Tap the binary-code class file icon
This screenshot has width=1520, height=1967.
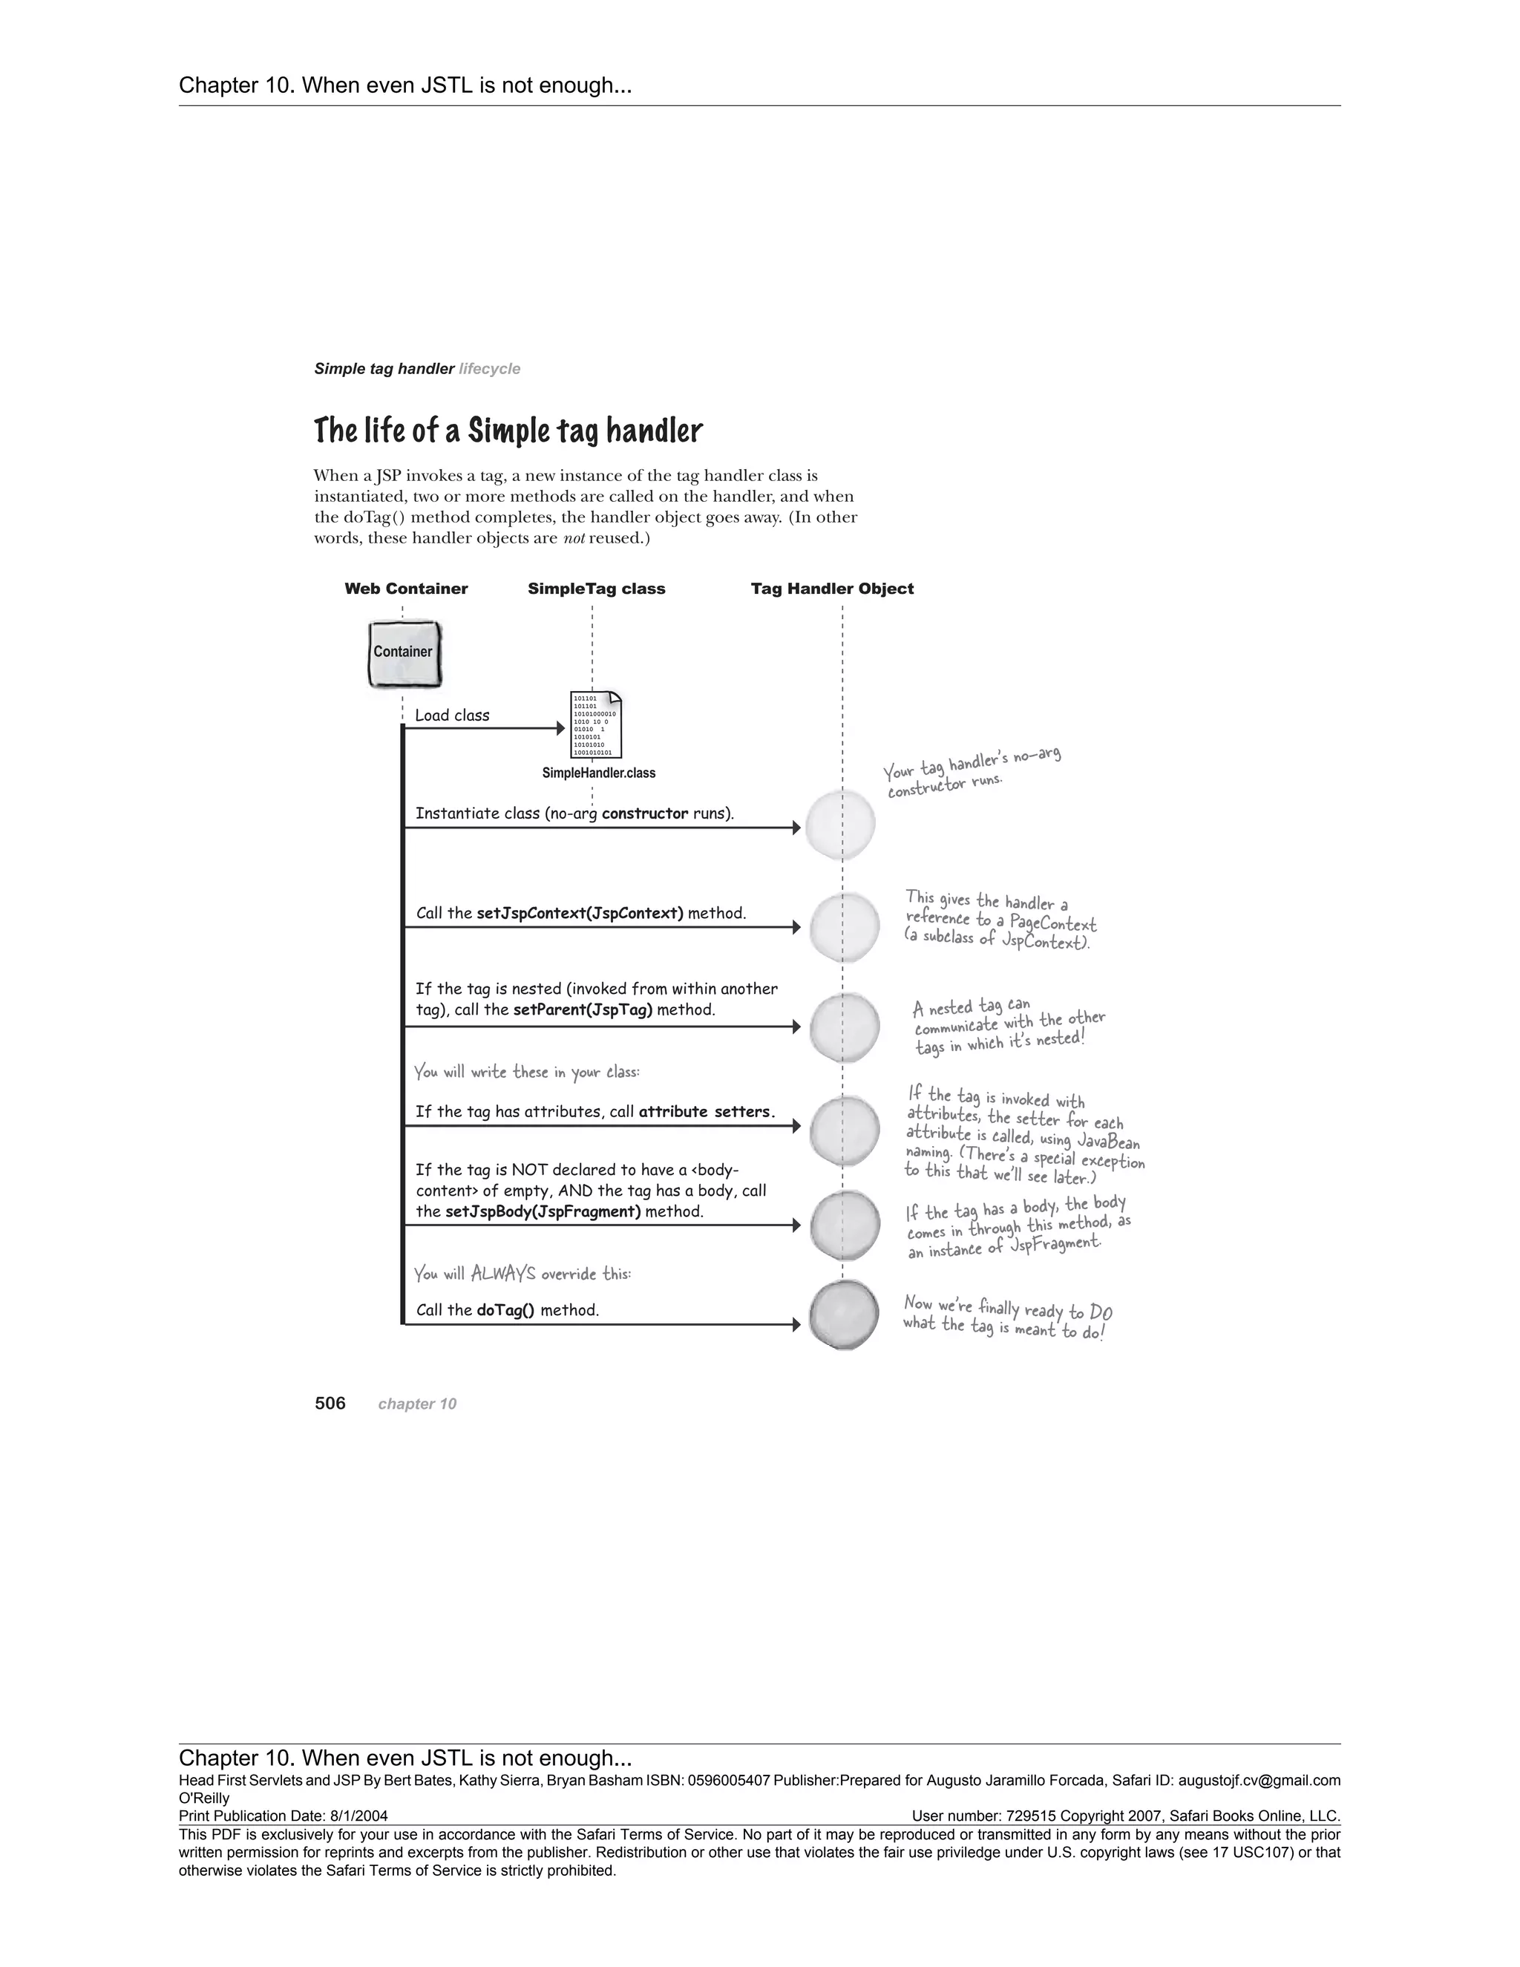(x=596, y=725)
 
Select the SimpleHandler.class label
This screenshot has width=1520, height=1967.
(x=599, y=773)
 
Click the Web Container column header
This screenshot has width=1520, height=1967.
(x=406, y=589)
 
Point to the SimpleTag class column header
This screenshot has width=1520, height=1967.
(x=596, y=589)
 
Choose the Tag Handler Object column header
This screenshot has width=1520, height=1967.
(x=832, y=589)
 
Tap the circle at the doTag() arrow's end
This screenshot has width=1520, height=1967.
(x=844, y=1315)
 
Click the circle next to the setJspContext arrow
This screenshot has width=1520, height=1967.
(x=844, y=927)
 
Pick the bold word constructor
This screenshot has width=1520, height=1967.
(x=645, y=814)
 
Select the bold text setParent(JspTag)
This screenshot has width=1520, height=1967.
(x=583, y=1009)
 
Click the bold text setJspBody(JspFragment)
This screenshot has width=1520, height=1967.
(x=543, y=1211)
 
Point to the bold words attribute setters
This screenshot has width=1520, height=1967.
(x=706, y=1111)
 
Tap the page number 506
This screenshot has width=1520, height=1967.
(x=330, y=1403)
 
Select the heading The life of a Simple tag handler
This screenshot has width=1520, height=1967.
(x=508, y=431)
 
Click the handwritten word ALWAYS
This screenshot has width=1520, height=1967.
(x=502, y=1274)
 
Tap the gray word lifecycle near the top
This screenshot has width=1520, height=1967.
(x=489, y=369)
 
